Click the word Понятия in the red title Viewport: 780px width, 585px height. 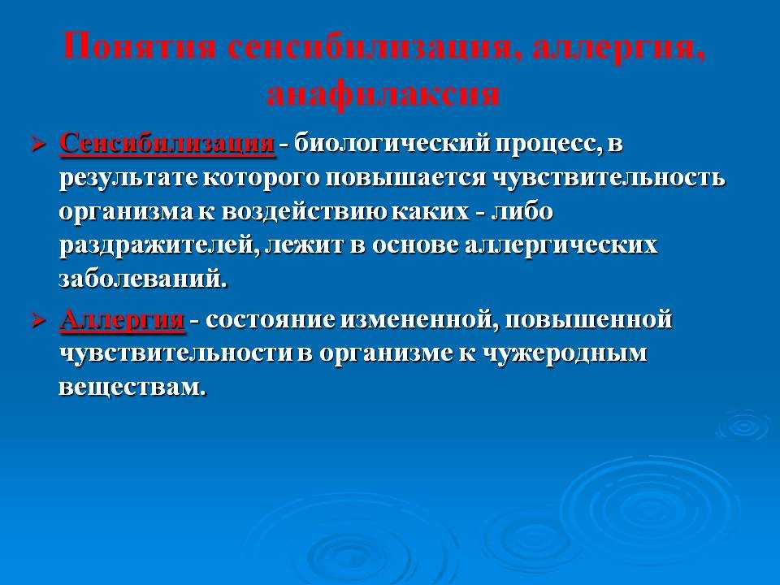(141, 46)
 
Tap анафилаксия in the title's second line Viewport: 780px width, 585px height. (383, 93)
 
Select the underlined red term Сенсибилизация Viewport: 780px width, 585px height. (167, 145)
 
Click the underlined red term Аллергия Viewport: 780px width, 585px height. (122, 320)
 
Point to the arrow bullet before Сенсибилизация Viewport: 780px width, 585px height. (39, 145)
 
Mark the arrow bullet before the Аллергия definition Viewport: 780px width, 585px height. (39, 321)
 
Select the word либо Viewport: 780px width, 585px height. (522, 211)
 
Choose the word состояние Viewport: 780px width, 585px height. (271, 320)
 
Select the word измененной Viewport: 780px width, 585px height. (418, 320)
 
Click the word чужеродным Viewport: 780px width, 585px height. (565, 354)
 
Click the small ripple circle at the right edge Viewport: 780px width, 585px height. (745, 425)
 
